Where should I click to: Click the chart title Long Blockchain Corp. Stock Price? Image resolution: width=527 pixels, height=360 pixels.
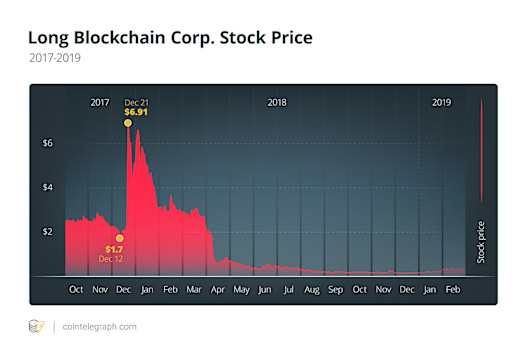point(170,38)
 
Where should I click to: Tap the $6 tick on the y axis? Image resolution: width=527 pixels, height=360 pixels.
point(47,143)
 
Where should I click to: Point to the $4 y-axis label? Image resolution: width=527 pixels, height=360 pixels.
point(47,187)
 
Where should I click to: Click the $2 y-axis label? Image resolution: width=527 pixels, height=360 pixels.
point(47,231)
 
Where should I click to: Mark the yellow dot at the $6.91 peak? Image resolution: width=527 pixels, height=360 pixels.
point(128,123)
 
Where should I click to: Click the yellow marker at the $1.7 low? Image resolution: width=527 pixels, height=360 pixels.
point(119,238)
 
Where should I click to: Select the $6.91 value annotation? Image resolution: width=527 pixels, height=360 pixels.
point(135,113)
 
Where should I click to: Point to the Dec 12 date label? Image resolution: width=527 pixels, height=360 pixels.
point(112,259)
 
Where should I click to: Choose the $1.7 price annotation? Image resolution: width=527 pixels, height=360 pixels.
point(113,249)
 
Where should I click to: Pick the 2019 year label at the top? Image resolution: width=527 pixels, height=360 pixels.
point(441,102)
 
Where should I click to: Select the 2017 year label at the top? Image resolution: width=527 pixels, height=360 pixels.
point(100,102)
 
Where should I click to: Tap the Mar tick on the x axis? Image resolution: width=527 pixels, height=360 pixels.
point(194,289)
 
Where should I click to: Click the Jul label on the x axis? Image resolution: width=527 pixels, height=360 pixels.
point(288,289)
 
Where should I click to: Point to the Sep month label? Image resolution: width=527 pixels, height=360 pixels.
point(335,289)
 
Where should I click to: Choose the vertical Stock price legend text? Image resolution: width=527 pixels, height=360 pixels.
point(481,242)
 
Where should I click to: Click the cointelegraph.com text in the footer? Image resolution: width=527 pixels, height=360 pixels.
point(99,326)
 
